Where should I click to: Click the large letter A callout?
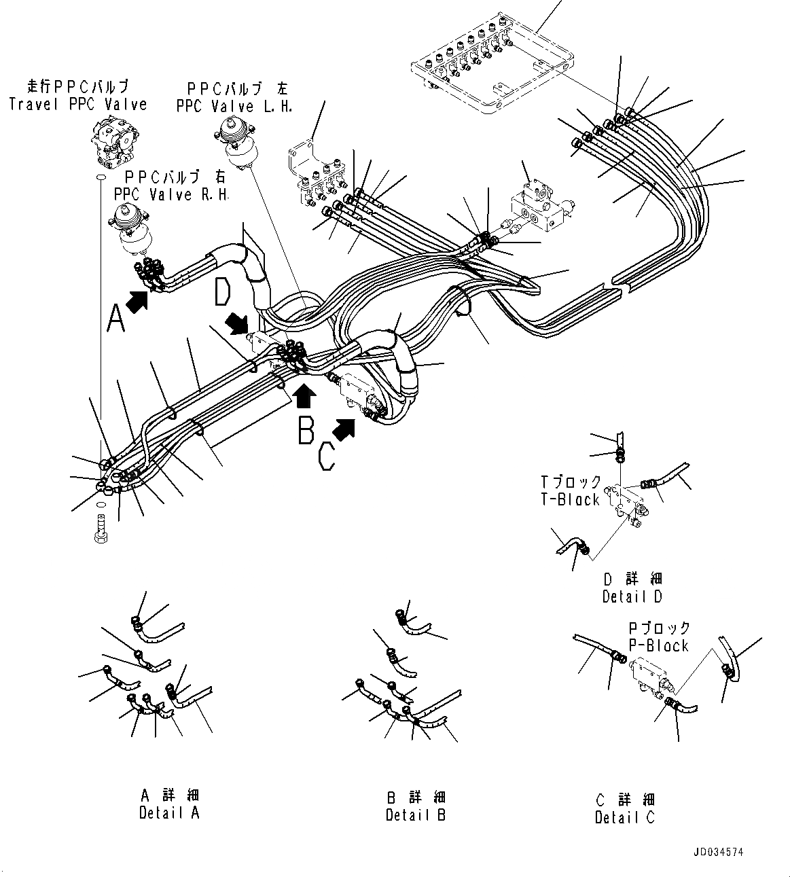116,317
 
